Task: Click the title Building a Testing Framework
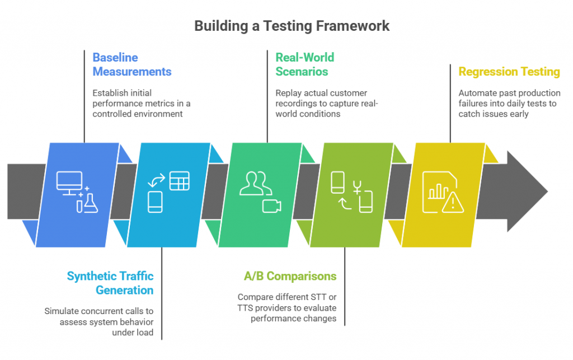(x=292, y=26)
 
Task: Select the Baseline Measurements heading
(x=132, y=64)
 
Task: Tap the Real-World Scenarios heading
(x=305, y=64)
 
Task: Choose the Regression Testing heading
(x=509, y=72)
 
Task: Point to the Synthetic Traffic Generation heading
(x=110, y=283)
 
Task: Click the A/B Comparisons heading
(x=290, y=276)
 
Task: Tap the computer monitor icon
(x=69, y=183)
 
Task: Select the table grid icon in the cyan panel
(x=180, y=180)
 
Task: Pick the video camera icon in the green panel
(x=271, y=206)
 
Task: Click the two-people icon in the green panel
(x=255, y=183)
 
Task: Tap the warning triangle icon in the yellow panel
(x=453, y=202)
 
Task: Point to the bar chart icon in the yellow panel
(x=438, y=191)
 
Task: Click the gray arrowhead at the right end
(x=527, y=191)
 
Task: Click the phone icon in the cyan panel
(x=155, y=202)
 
